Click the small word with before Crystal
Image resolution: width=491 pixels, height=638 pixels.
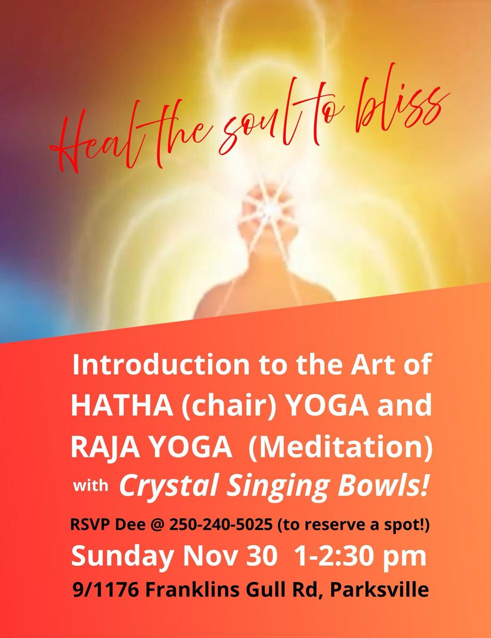(90, 485)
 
